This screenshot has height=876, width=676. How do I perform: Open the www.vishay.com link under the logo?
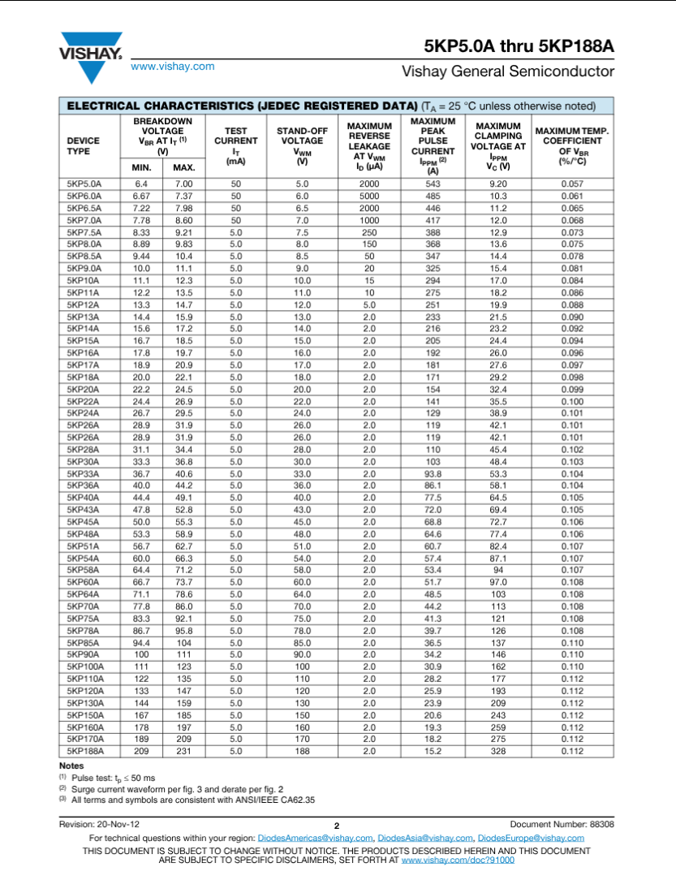point(173,67)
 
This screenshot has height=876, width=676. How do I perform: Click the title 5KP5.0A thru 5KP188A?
point(518,46)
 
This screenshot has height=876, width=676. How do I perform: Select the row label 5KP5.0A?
point(84,183)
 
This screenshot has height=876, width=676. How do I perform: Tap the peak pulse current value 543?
point(433,183)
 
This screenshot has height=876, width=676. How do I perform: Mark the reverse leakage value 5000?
point(369,196)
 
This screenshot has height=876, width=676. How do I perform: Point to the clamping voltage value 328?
point(497,751)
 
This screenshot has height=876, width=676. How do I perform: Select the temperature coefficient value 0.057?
point(572,183)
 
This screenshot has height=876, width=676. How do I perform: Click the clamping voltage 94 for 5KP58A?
point(497,570)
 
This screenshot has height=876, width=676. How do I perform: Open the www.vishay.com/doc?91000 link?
point(458,858)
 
